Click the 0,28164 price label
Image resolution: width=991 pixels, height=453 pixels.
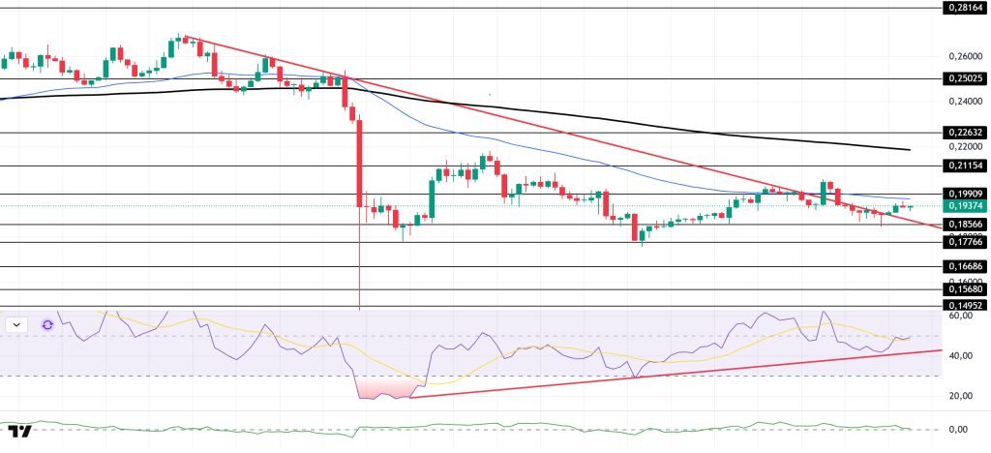(965, 8)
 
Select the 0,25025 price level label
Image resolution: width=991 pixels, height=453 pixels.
(965, 78)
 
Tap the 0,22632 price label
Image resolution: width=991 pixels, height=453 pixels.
(965, 133)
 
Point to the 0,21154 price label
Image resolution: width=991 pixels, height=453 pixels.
(965, 166)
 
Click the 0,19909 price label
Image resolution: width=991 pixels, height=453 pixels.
(965, 194)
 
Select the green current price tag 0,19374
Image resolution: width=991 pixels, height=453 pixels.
(965, 206)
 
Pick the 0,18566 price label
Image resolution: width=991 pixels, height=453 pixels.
(965, 225)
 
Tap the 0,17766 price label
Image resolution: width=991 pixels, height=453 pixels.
(965, 243)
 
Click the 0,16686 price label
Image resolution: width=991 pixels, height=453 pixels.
(965, 266)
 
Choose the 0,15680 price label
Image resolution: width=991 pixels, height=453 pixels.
(965, 289)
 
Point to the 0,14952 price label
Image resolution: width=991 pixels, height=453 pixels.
(965, 306)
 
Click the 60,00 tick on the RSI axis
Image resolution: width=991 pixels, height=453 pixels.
(961, 316)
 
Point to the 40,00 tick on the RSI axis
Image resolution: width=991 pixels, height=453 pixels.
(961, 355)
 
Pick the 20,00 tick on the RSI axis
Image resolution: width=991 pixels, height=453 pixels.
(961, 396)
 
